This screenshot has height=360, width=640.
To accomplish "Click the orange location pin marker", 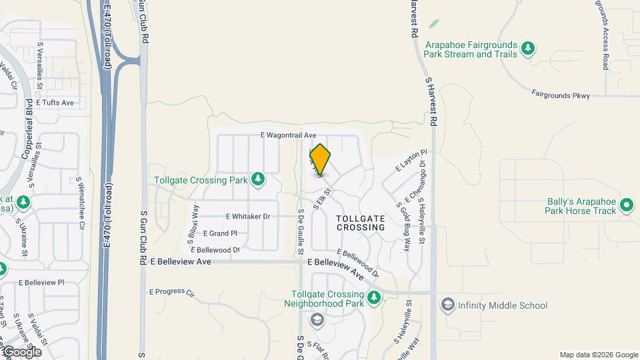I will click(x=320, y=160).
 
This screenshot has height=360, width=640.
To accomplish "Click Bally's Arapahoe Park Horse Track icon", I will click(x=626, y=205).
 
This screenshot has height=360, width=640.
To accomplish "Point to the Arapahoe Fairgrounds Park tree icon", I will click(x=528, y=47).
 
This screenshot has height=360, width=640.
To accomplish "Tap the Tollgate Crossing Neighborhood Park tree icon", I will click(x=374, y=297).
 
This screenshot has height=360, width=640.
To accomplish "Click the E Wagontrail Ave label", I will click(x=288, y=135).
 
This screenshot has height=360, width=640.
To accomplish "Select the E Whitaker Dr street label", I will click(x=248, y=217).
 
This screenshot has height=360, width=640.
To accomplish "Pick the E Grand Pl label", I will click(x=219, y=233).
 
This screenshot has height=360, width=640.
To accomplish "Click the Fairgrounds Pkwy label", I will click(x=561, y=95).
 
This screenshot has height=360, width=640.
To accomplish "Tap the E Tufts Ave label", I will click(x=55, y=103).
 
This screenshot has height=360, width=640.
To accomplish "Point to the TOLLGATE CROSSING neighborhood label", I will click(x=361, y=223).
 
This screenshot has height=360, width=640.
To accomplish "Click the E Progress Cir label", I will click(x=171, y=292).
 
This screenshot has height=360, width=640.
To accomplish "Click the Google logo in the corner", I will click(x=21, y=351).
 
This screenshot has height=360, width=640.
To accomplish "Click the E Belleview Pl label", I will click(x=41, y=283).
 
